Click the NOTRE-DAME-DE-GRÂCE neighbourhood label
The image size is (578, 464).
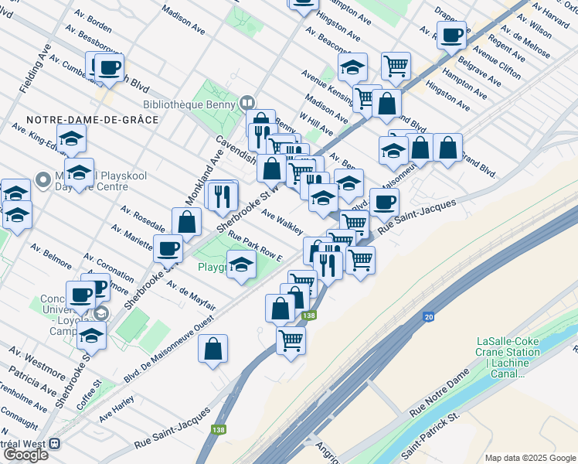92,120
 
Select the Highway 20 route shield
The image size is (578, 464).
428,317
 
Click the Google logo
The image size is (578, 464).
25,455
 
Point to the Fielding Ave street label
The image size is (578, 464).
34,69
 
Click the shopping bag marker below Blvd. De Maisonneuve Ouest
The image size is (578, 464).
212,349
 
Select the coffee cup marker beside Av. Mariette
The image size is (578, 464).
168,249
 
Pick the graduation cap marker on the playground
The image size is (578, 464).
241,264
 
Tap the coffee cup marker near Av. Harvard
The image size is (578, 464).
453,35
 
